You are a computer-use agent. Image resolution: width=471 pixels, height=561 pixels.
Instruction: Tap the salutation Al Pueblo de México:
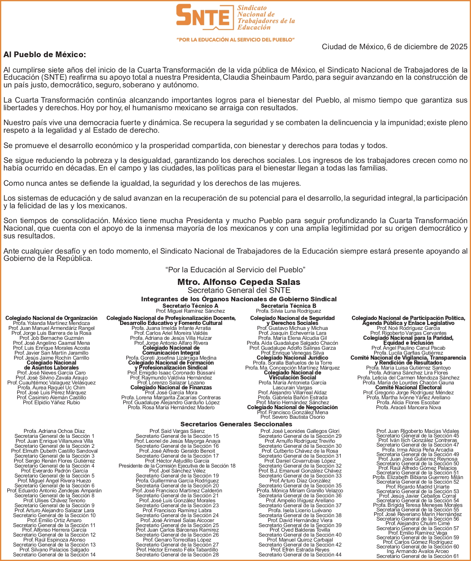(45, 55)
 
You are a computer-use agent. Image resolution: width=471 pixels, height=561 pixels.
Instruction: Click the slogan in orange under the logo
(235, 40)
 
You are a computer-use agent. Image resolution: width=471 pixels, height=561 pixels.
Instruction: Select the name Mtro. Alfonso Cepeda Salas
(239, 282)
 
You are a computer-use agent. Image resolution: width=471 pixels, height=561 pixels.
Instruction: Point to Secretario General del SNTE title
(239, 290)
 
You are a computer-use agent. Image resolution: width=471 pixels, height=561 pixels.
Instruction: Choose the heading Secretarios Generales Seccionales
(236, 424)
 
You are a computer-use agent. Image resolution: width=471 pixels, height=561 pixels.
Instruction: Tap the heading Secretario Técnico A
(190, 306)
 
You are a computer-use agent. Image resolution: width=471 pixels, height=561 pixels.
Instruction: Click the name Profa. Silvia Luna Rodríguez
(288, 311)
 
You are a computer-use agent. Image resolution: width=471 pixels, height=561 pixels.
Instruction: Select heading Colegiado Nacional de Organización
(51, 318)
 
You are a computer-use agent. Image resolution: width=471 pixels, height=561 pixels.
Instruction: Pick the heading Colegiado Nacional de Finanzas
(171, 387)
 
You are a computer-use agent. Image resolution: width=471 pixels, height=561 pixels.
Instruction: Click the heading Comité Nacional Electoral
(408, 387)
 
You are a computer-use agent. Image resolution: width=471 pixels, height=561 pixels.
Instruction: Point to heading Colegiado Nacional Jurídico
(292, 358)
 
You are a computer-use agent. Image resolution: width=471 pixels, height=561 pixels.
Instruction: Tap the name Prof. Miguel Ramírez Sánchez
(190, 311)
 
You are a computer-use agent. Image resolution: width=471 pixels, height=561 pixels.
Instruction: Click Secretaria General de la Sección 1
(55, 436)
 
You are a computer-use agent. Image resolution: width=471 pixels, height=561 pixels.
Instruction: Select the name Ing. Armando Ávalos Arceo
(418, 551)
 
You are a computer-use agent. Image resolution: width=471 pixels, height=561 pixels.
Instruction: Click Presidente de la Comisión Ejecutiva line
(177, 466)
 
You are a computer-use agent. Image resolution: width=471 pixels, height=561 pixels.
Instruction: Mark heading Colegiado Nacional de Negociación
(292, 407)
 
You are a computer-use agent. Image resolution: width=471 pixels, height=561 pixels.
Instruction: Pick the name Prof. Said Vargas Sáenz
(177, 431)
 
